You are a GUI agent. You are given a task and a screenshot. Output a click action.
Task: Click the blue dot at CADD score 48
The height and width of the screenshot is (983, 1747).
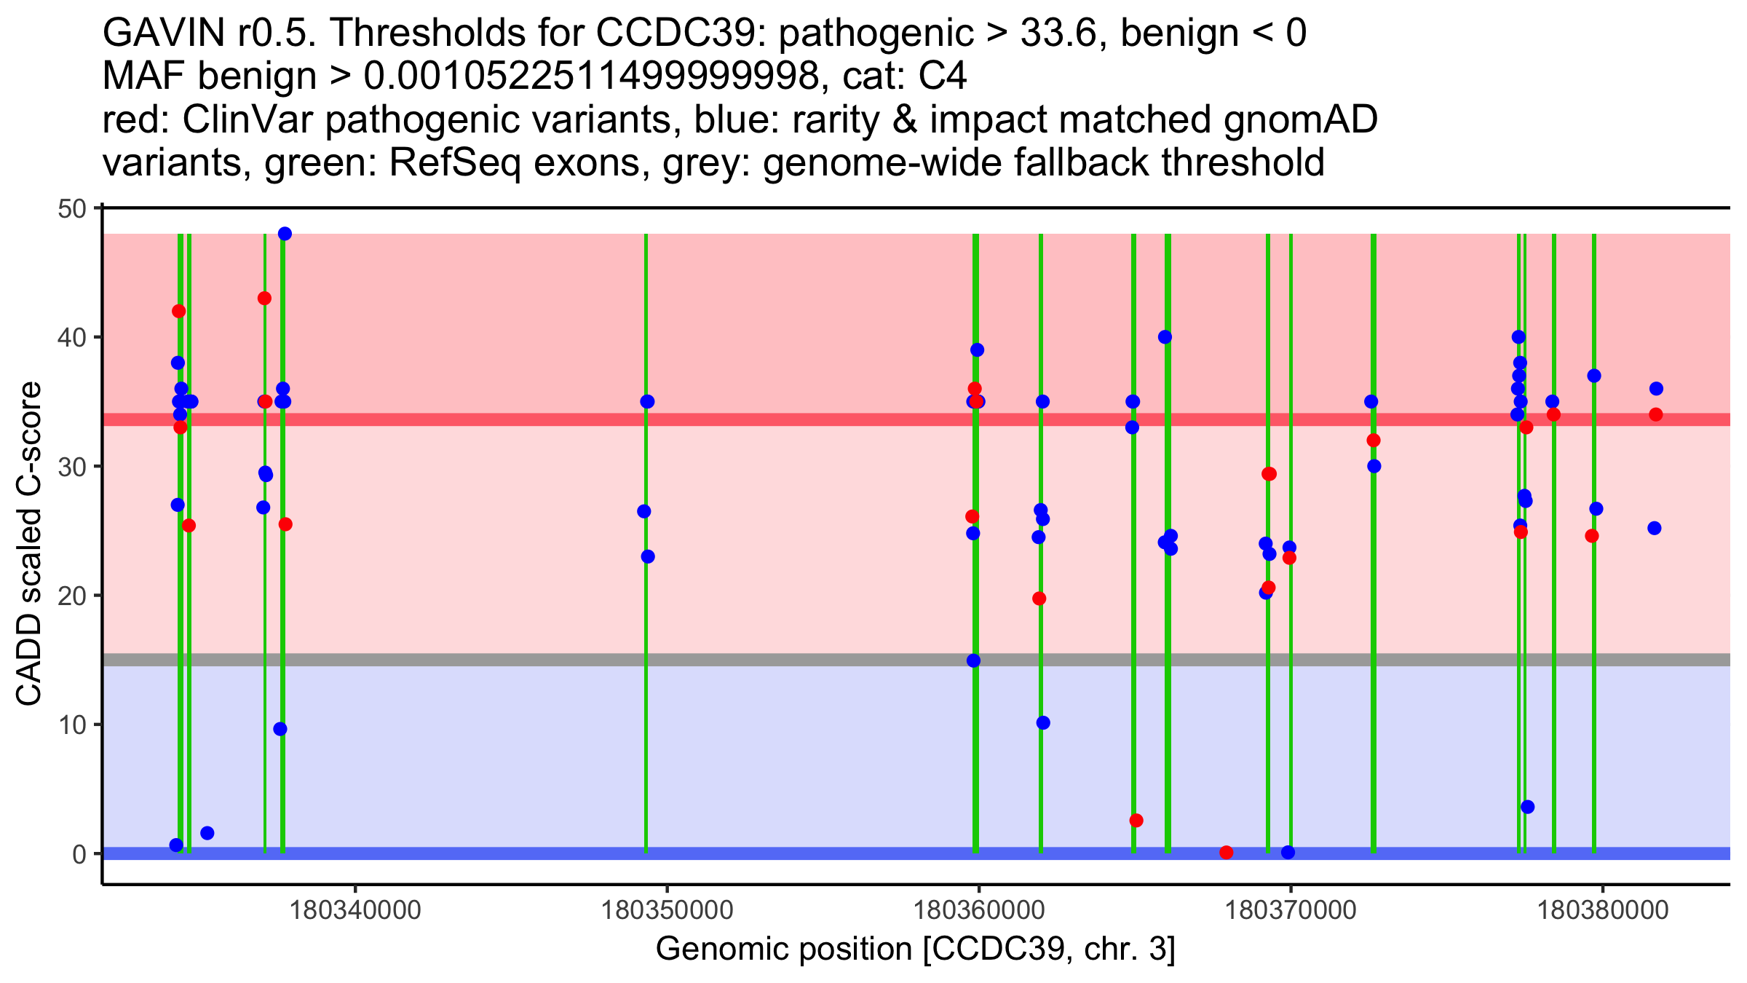285,234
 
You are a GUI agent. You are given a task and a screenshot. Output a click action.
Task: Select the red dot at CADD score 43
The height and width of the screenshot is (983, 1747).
264,299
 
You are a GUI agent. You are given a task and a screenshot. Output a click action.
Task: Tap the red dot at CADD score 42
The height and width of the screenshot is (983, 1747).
178,312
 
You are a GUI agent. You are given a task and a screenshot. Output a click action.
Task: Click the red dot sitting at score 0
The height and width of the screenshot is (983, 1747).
1227,853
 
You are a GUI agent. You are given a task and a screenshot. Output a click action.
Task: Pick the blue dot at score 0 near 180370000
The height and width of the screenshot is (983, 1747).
1288,853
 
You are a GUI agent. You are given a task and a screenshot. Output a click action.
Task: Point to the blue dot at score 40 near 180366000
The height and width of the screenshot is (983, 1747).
1165,337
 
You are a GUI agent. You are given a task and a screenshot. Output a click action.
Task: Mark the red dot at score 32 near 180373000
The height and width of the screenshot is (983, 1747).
1374,441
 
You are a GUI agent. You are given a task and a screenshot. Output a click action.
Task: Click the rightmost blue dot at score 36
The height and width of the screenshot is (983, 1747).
1656,389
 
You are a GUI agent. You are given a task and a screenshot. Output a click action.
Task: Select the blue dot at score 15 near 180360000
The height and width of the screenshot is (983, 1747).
973,661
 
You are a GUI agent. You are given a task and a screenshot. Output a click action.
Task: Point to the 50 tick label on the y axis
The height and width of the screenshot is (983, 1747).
71,209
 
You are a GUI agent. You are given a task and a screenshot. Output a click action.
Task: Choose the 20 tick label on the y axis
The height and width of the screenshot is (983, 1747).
71,596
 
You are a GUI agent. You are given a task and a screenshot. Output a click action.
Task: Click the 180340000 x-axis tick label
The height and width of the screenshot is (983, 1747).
355,911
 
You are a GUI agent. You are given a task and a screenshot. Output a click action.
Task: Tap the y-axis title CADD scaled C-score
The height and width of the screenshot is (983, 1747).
29,545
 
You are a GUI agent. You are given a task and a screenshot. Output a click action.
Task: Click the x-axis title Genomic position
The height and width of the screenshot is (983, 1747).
915,950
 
